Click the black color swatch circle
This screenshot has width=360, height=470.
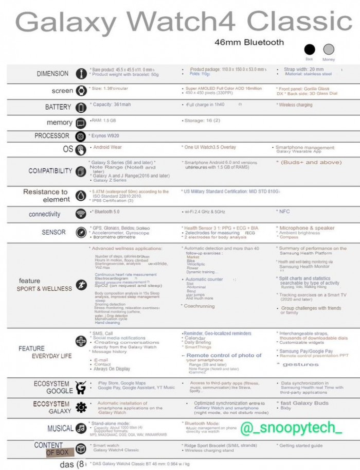[x=310, y=49]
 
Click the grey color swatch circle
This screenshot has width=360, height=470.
[x=329, y=49]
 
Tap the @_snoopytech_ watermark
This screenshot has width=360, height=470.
[x=291, y=428]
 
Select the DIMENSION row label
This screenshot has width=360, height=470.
[x=52, y=74]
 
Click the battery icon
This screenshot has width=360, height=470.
[x=81, y=108]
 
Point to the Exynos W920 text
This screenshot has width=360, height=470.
[x=107, y=136]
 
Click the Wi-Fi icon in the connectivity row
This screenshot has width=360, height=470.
[x=81, y=214]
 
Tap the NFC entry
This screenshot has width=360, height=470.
[x=284, y=212]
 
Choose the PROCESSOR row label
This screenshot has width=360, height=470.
[x=51, y=136]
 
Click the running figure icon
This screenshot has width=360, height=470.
[x=81, y=285]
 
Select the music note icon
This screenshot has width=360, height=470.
[x=81, y=428]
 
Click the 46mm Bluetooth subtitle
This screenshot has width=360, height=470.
[x=249, y=42]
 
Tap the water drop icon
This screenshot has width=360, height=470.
[x=81, y=196]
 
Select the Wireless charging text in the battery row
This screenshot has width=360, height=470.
[x=296, y=105]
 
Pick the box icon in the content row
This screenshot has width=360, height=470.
[x=81, y=448]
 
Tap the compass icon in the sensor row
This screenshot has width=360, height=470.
[x=81, y=233]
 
